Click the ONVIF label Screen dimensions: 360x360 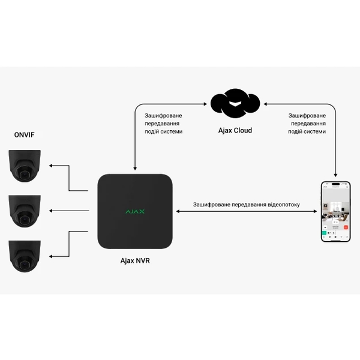click(24, 135)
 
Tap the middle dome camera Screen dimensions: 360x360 click(25, 211)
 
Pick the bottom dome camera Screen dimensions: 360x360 click(25, 255)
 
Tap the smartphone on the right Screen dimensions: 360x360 click(335, 211)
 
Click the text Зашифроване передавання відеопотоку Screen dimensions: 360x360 click(255, 205)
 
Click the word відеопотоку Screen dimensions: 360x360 click(299, 205)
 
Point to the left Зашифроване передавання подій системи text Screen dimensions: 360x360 click(163, 123)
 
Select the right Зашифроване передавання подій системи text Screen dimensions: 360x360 click(307, 123)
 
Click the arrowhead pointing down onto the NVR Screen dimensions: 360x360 click(136, 167)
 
